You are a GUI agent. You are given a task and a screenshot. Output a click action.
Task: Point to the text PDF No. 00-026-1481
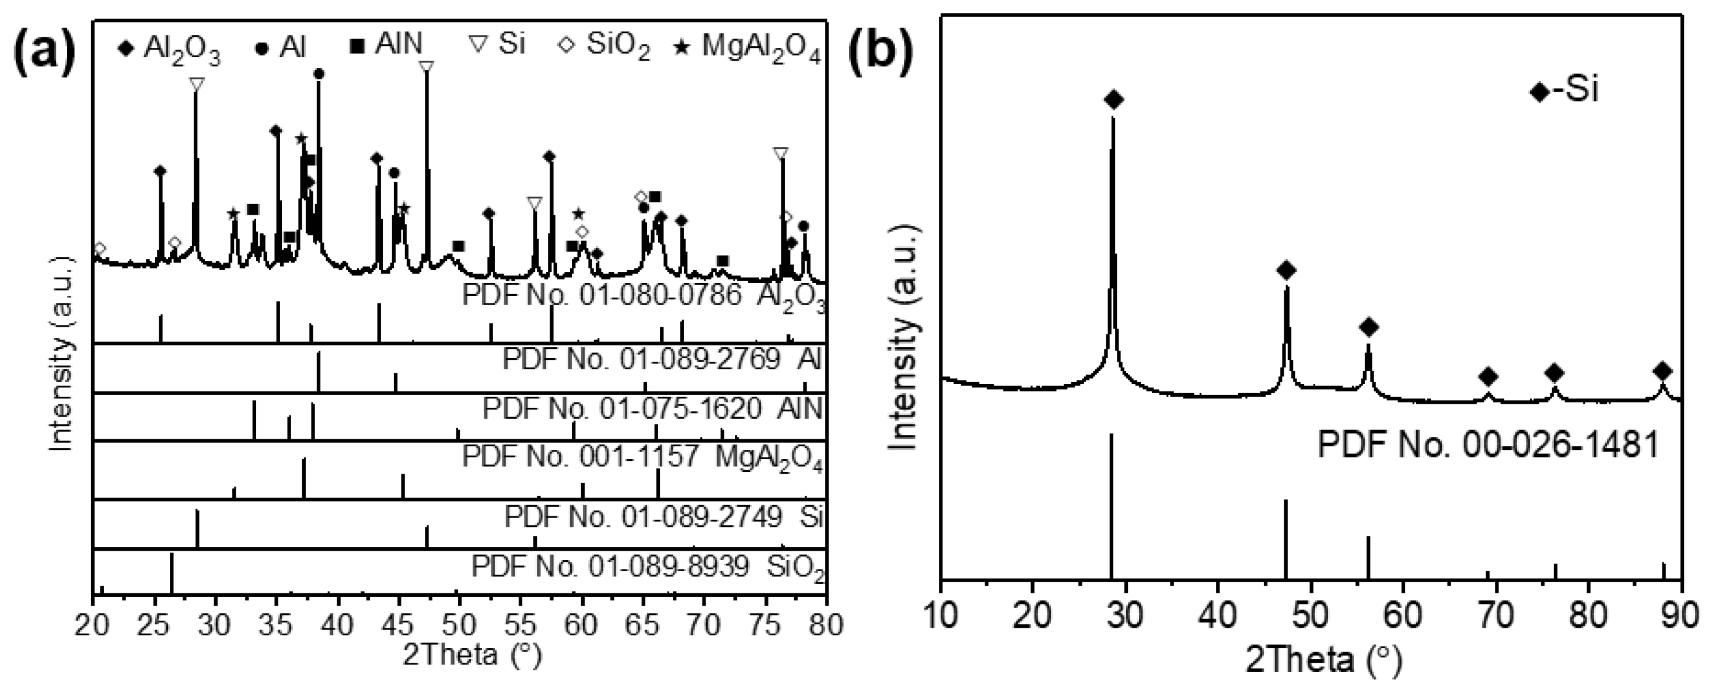[x=1488, y=445]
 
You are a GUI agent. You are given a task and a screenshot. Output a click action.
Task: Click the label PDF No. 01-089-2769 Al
[x=662, y=359]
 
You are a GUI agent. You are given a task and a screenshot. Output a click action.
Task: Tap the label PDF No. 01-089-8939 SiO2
[x=648, y=567]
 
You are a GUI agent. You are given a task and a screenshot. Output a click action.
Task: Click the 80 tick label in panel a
[x=826, y=625]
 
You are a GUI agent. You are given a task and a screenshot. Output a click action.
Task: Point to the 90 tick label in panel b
[x=1680, y=615]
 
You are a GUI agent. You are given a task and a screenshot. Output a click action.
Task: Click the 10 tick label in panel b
[x=941, y=615]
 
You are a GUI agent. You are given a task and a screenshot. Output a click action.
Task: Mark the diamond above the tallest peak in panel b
[x=1114, y=100]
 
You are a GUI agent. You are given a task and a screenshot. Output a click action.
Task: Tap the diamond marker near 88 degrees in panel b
[x=1662, y=371]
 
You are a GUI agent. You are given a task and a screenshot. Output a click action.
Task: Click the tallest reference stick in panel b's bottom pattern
[x=1111, y=505]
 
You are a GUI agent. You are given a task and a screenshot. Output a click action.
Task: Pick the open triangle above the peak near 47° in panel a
[x=427, y=67]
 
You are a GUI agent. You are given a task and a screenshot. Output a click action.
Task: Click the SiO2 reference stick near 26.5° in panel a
[x=172, y=572]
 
